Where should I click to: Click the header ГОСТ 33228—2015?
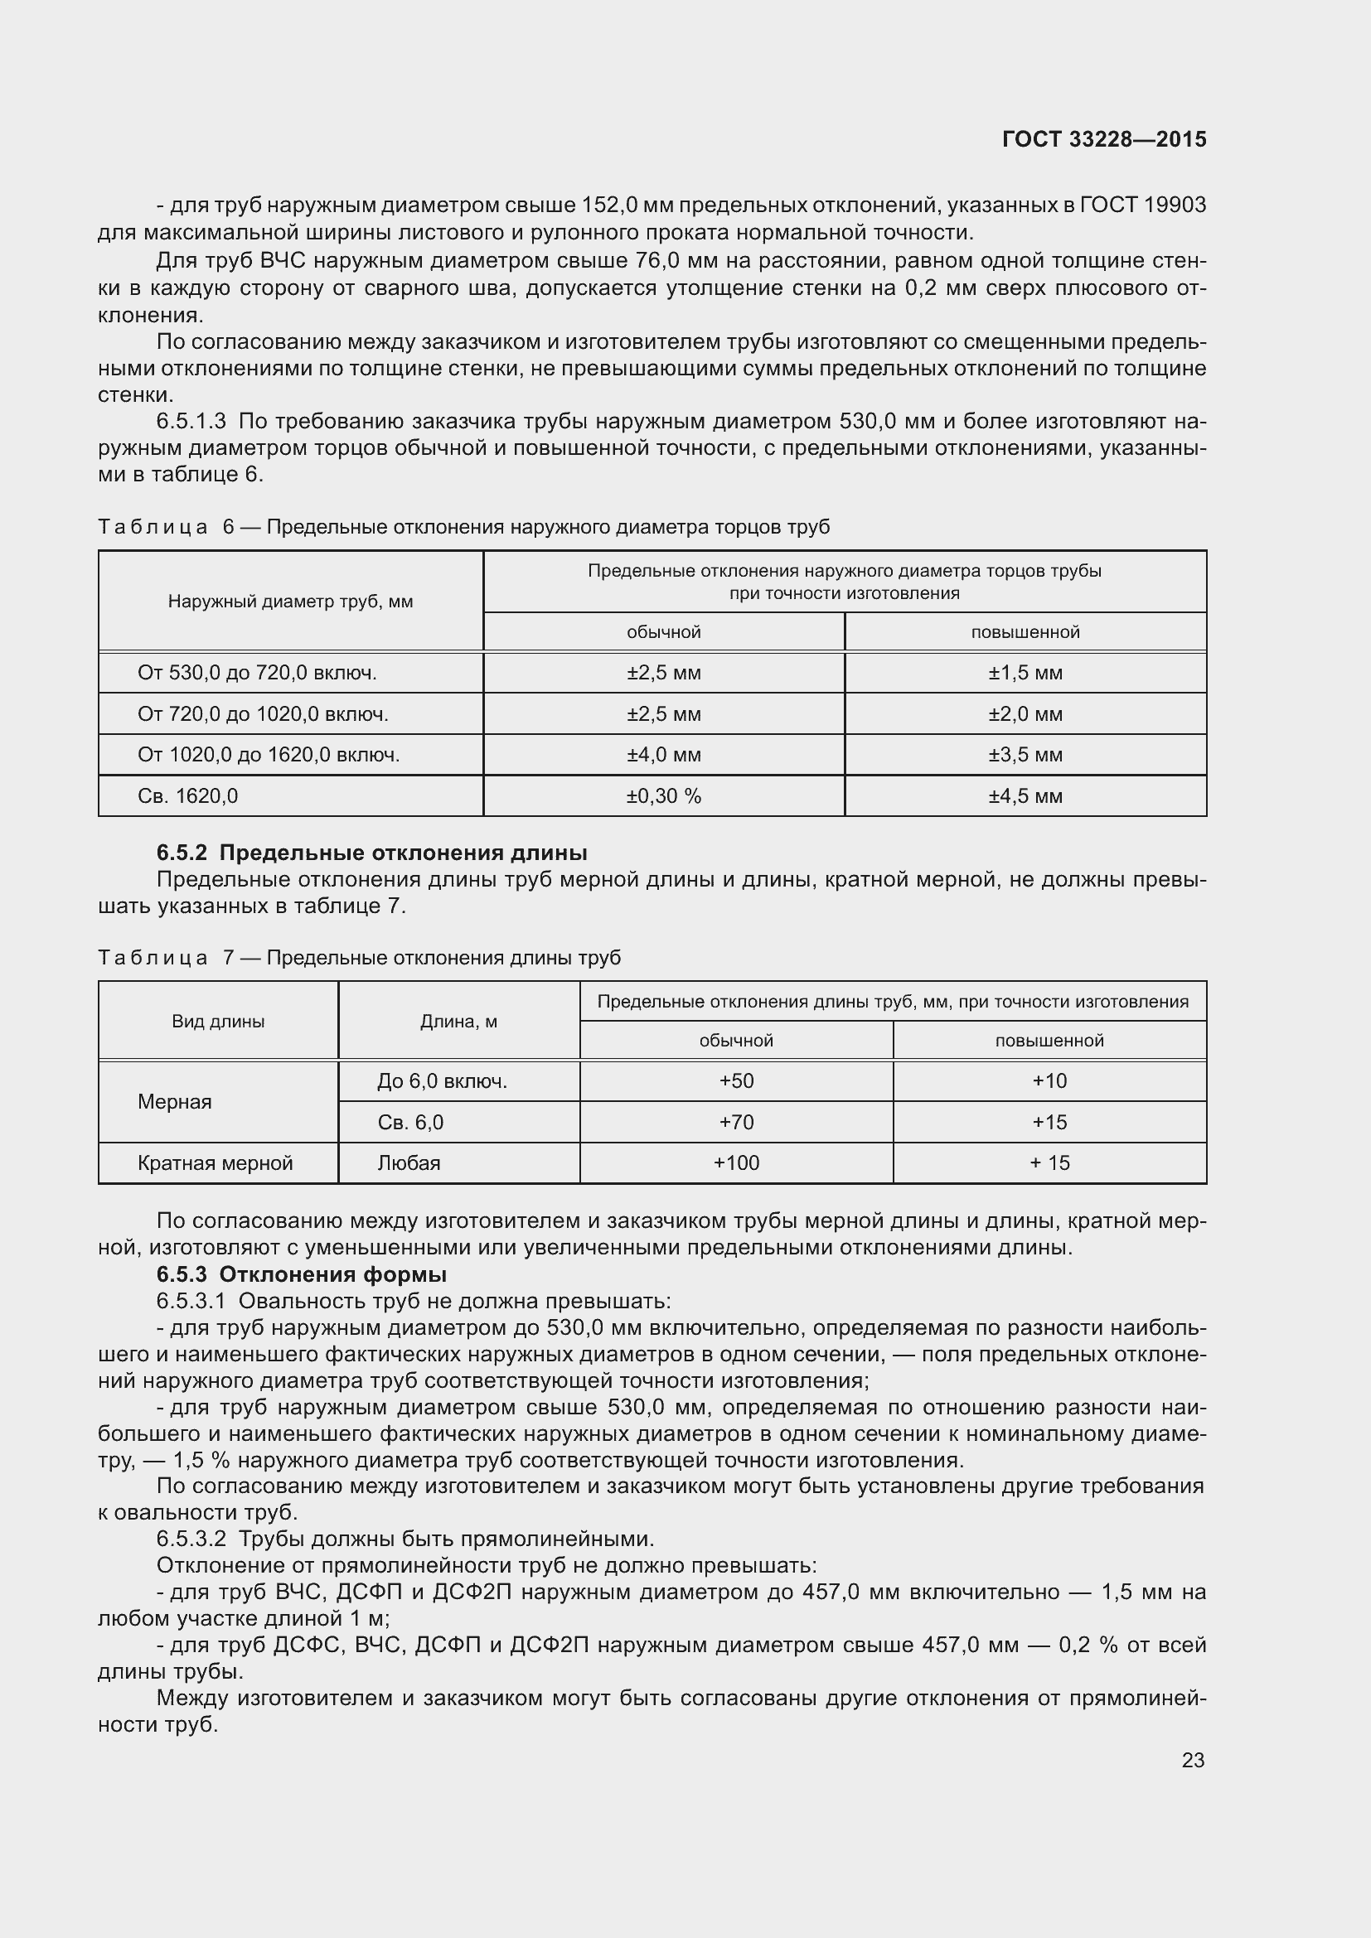click(x=1103, y=139)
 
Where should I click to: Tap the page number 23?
click(x=1192, y=1760)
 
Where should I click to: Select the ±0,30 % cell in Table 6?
click(x=664, y=796)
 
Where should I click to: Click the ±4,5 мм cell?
click(x=1025, y=796)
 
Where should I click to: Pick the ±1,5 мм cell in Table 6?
click(x=1025, y=673)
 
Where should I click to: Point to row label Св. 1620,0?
click(x=187, y=796)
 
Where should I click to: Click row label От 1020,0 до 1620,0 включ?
click(x=269, y=755)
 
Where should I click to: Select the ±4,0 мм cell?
click(x=664, y=755)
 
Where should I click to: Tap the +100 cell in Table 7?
click(x=736, y=1163)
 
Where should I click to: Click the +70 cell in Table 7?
click(x=736, y=1122)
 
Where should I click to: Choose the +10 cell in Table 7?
click(x=1049, y=1081)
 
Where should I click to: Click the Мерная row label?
click(x=175, y=1101)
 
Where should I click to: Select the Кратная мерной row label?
click(x=216, y=1163)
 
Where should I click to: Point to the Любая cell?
click(x=409, y=1163)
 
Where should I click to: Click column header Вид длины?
click(x=218, y=1022)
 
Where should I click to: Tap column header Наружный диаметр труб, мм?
click(x=290, y=602)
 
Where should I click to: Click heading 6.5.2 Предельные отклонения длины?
click(x=371, y=853)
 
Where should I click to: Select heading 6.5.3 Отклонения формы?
click(x=302, y=1274)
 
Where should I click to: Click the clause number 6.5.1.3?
click(x=191, y=421)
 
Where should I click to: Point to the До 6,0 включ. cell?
click(x=443, y=1081)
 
